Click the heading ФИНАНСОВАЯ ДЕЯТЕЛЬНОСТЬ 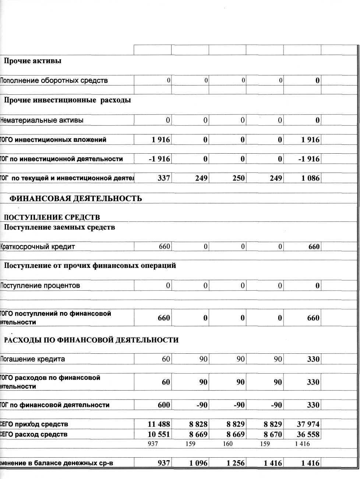[x=75, y=199]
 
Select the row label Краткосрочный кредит [x=38, y=247]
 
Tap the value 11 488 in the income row [x=159, y=424]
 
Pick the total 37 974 [x=308, y=424]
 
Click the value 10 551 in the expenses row [x=159, y=434]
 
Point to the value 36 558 [x=308, y=434]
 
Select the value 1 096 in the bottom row [x=198, y=463]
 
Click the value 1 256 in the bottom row [x=236, y=463]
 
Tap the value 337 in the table [x=164, y=178]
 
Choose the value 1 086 [x=311, y=178]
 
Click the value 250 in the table [x=239, y=178]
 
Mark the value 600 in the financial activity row [x=164, y=405]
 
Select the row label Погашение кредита [x=33, y=359]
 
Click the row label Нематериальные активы [x=42, y=120]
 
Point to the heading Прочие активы [x=32, y=61]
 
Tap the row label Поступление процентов [x=40, y=286]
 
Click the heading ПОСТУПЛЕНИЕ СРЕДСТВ [x=52, y=217]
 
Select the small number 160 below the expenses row [x=227, y=444]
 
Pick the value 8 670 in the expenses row [x=273, y=434]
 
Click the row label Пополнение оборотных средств [x=54, y=81]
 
